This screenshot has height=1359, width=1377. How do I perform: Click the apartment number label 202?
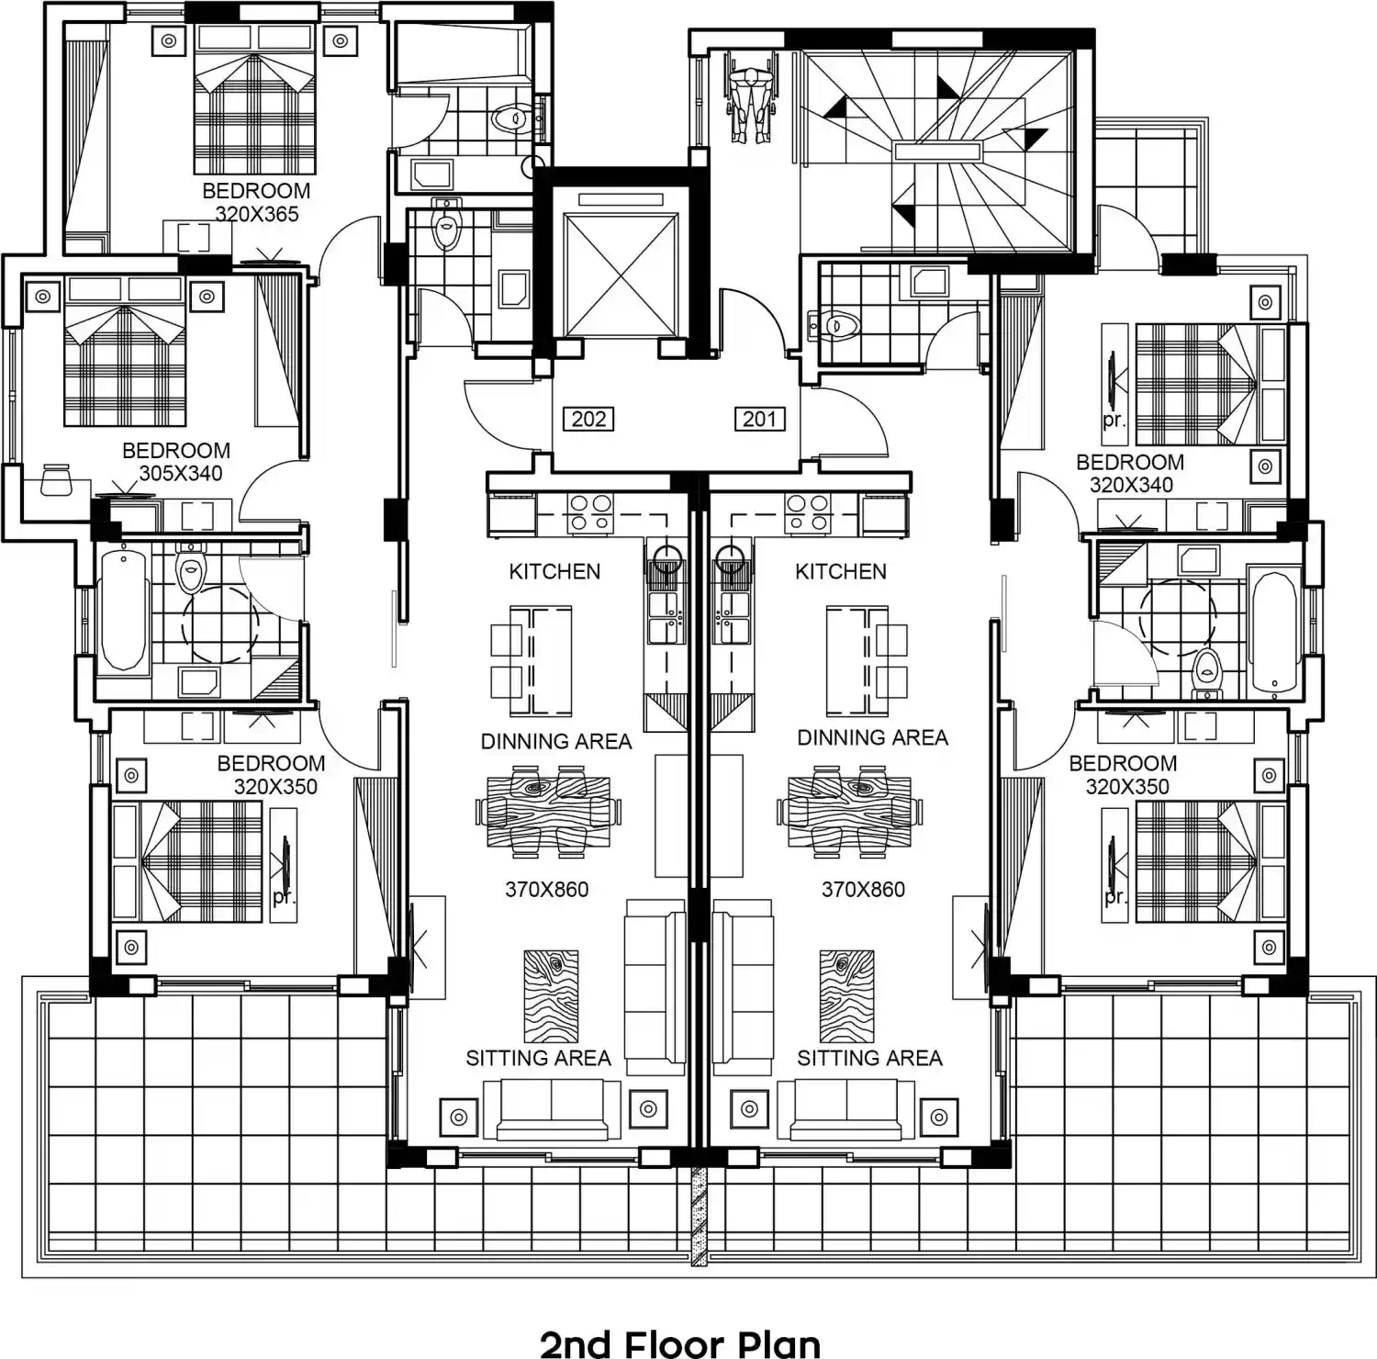[x=588, y=420]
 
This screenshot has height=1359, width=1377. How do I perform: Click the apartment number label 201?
[x=759, y=420]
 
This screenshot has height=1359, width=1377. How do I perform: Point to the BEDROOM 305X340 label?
[x=175, y=462]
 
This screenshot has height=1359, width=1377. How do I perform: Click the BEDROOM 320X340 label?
[x=1130, y=473]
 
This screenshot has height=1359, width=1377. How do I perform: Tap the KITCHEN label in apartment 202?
[x=554, y=571]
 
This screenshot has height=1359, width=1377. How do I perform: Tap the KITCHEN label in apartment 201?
[x=841, y=571]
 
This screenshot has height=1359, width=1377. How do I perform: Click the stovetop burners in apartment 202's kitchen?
[x=590, y=513]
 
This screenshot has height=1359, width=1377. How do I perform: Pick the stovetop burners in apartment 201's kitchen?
[x=808, y=513]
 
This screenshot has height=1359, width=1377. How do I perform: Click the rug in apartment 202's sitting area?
[x=551, y=996]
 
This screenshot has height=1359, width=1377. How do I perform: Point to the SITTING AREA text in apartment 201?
[x=869, y=1059]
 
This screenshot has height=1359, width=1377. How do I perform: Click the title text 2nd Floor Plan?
[x=680, y=1342]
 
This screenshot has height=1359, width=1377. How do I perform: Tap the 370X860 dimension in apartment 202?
[x=547, y=889]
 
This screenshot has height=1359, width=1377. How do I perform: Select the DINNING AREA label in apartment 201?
[x=872, y=737]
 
